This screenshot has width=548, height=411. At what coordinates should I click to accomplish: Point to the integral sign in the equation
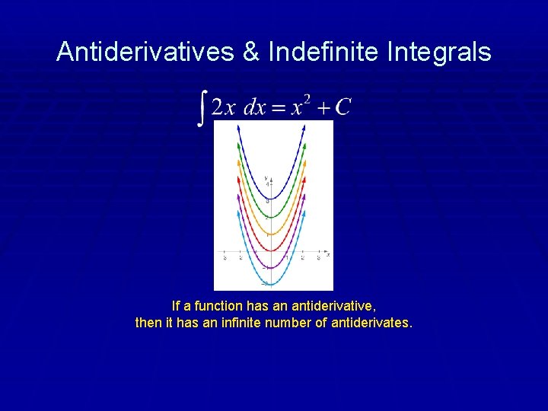click(x=202, y=107)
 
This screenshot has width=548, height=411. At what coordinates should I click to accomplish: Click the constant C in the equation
click(x=342, y=107)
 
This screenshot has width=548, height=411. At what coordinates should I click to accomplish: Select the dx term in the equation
click(x=254, y=107)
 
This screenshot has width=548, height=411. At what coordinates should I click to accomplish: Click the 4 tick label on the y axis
click(x=268, y=185)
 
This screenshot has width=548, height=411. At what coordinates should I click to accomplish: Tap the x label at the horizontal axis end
click(x=328, y=255)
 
